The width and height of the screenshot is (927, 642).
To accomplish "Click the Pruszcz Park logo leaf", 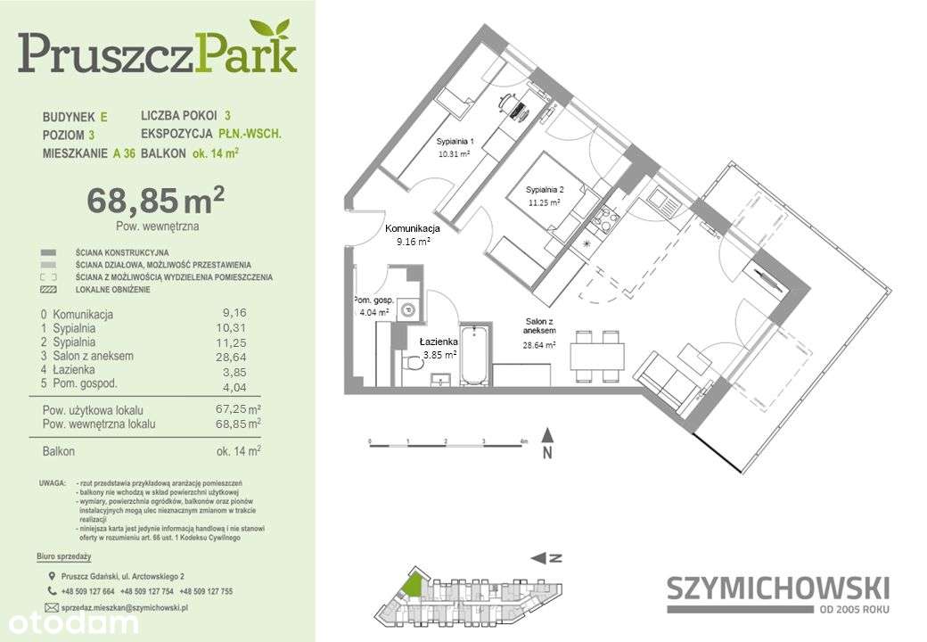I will pos(271,32).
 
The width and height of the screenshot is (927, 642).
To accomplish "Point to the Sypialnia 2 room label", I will pos(543,190).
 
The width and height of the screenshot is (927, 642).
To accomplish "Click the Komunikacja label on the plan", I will pos(412,228).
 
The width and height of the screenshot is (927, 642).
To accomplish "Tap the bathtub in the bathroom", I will pos(475,356).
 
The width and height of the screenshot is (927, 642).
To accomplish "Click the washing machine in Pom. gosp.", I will pos(408,310).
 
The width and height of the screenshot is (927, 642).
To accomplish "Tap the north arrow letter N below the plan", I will pos(549,453).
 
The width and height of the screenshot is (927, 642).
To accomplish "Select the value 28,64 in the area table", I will pos(234,356).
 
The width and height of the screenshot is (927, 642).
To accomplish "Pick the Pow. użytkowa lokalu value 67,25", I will pos(234,408).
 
